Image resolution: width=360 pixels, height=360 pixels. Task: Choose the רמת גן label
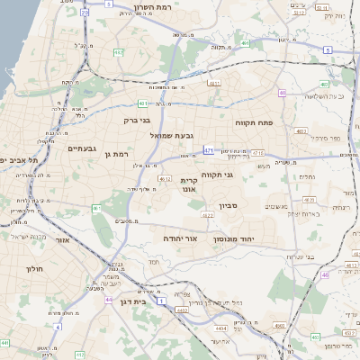coord(119,154)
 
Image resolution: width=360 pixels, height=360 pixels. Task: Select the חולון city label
coord(31,268)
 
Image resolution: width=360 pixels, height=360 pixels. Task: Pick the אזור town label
coord(61,240)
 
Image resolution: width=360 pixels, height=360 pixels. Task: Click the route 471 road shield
coord(209,150)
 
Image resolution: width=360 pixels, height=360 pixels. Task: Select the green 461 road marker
coord(95,209)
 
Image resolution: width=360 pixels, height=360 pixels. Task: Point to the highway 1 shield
coord(161,301)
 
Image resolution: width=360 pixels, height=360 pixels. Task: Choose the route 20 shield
coord(85,13)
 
